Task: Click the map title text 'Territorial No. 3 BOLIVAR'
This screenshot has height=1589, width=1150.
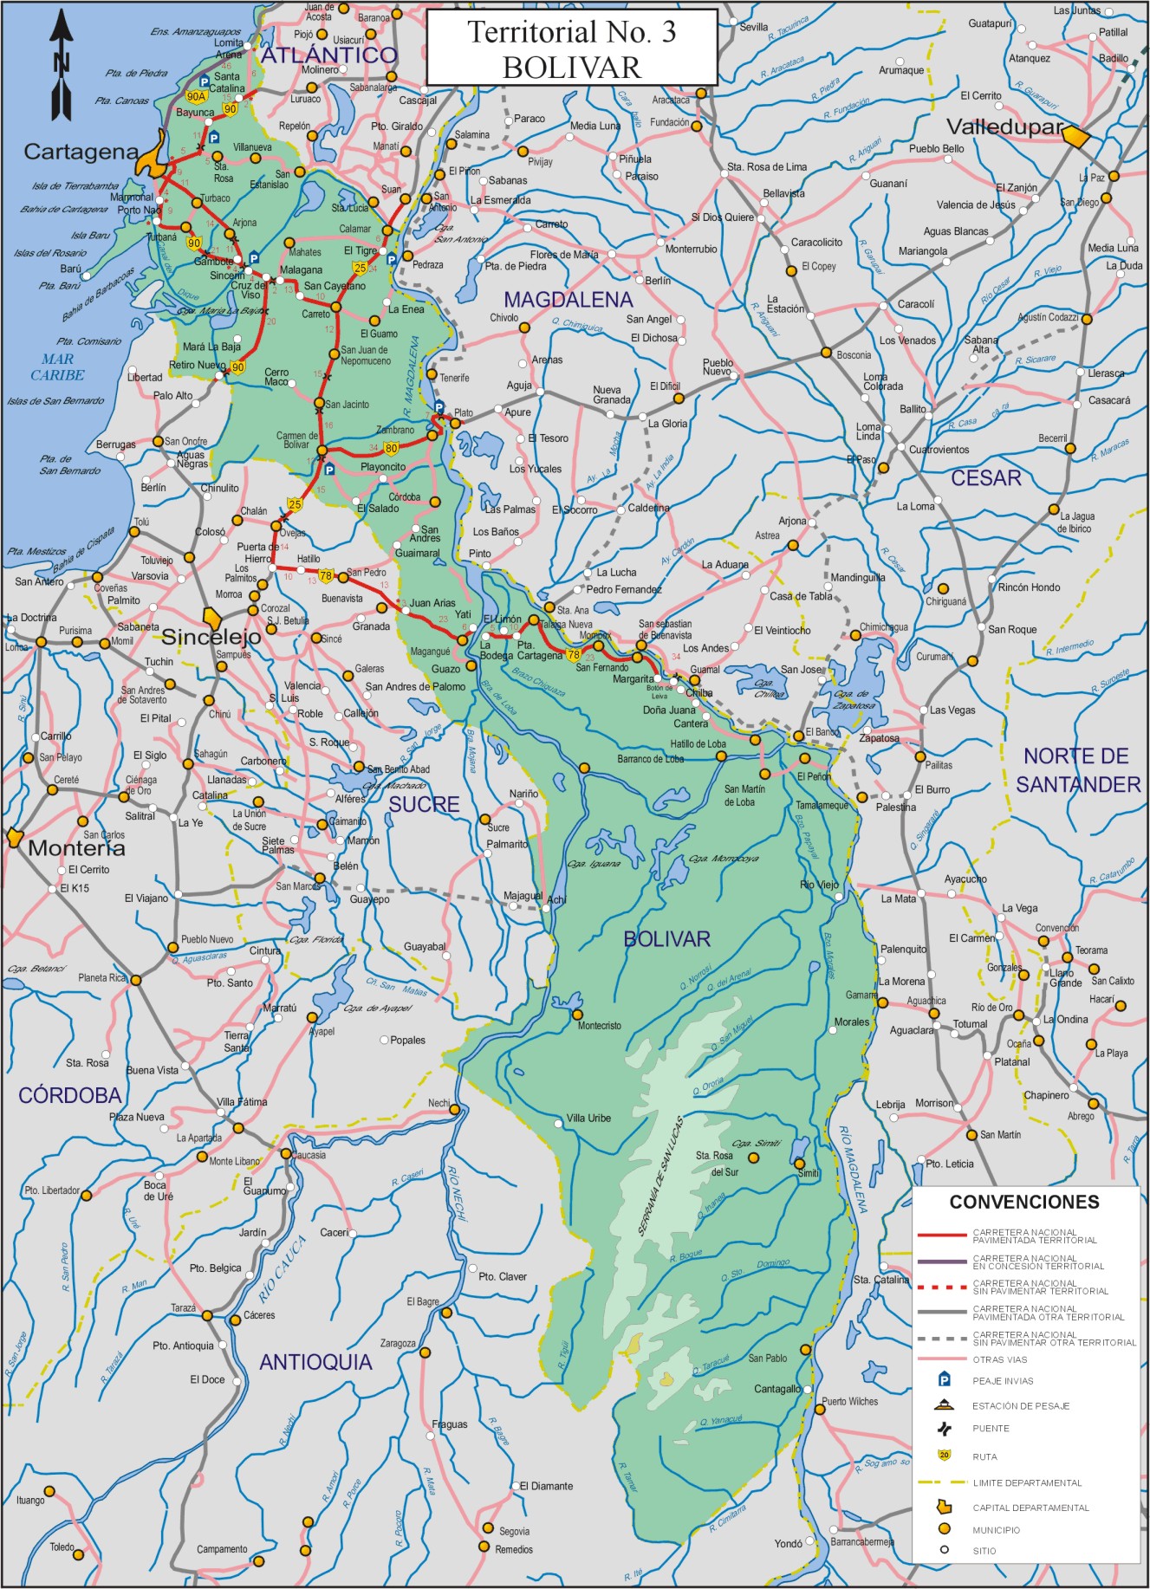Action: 572,49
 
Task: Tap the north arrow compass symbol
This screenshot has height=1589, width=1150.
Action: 62,65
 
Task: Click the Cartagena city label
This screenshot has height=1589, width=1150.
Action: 81,152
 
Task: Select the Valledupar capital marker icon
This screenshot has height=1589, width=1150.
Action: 1075,135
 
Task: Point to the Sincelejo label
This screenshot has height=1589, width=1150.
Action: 211,637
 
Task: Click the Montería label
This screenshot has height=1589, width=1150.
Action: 76,848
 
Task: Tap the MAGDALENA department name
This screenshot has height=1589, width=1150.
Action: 568,300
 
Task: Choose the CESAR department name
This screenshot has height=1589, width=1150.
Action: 985,478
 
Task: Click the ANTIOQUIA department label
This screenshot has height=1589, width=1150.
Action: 315,1362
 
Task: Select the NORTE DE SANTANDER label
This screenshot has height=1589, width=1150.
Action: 1077,770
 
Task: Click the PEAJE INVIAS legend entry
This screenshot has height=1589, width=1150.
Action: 1002,1381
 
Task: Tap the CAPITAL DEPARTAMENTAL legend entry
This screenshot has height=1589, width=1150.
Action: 1030,1508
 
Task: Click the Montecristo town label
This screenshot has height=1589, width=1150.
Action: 600,1026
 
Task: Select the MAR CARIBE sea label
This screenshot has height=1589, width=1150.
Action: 57,367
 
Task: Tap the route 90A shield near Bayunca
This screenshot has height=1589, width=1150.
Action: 196,97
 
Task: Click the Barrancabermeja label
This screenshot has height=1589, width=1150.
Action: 861,1541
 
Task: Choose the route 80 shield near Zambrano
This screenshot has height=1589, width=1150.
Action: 392,448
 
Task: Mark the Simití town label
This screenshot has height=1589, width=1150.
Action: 808,1173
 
